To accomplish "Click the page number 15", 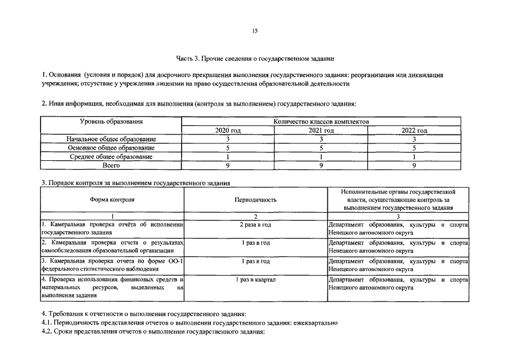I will click(x=254, y=31).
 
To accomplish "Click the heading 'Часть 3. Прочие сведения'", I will click(x=255, y=58).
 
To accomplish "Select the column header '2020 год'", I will click(x=228, y=130).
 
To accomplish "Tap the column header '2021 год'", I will click(x=321, y=130).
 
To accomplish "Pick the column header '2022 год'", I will click(x=414, y=130).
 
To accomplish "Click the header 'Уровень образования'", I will click(x=111, y=121).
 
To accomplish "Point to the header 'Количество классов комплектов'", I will click(x=321, y=121).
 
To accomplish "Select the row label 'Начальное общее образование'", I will click(x=111, y=139).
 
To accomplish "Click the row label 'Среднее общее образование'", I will click(x=111, y=157).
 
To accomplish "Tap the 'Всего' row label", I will click(x=111, y=166).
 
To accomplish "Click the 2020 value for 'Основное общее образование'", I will click(x=228, y=148).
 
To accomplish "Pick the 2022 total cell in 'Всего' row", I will click(x=414, y=166).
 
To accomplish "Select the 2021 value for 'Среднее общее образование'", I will click(x=321, y=157).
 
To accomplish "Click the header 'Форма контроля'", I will click(x=112, y=200).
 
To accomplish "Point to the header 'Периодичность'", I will click(x=255, y=200).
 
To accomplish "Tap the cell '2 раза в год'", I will click(x=255, y=225).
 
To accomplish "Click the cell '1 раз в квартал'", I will click(x=255, y=280).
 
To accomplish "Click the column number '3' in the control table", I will click(x=398, y=216).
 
